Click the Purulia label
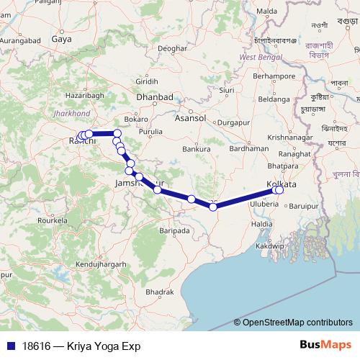tap(150, 132)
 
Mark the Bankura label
tap(197, 149)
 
